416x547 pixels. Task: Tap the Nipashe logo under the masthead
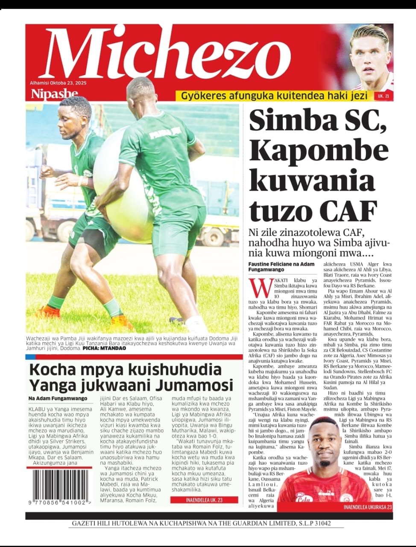click(54, 94)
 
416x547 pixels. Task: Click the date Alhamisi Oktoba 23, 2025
click(58, 83)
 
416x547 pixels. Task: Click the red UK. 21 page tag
click(383, 97)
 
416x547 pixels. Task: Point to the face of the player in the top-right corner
click(370, 58)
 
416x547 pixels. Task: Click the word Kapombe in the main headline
click(318, 152)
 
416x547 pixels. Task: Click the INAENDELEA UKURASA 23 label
click(368, 507)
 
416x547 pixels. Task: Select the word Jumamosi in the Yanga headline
click(194, 385)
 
